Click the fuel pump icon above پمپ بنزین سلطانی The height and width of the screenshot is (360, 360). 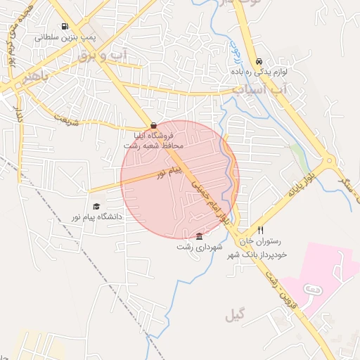pyautogui.click(x=65, y=26)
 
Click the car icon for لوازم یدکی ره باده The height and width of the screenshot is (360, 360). pyautogui.click(x=259, y=61)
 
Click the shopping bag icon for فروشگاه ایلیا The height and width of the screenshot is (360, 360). pyautogui.click(x=153, y=125)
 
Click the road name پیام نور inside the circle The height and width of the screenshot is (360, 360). pyautogui.click(x=169, y=171)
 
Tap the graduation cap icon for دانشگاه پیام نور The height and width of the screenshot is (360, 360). pyautogui.click(x=96, y=206)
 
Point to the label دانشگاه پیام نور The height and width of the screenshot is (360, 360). pyautogui.click(x=96, y=217)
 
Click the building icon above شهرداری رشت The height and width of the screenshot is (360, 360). pyautogui.click(x=200, y=236)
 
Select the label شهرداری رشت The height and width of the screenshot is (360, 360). pyautogui.click(x=200, y=247)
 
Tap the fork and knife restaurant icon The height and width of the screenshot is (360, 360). pyautogui.click(x=260, y=230)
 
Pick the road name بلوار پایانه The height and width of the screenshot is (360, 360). pyautogui.click(x=303, y=183)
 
